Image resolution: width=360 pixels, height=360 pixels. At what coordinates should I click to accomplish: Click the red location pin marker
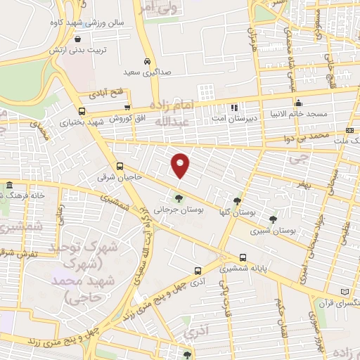pyautogui.click(x=181, y=165)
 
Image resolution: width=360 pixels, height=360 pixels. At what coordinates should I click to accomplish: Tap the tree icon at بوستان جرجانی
pyautogui.click(x=179, y=198)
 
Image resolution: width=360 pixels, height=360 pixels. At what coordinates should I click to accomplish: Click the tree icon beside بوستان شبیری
pyautogui.click(x=273, y=219)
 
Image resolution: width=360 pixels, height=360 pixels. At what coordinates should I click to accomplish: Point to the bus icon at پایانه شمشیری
pyautogui.click(x=243, y=257)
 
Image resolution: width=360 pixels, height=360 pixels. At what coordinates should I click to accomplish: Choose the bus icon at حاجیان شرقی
pyautogui.click(x=120, y=167)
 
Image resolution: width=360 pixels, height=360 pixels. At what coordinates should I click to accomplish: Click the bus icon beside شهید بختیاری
pyautogui.click(x=82, y=111)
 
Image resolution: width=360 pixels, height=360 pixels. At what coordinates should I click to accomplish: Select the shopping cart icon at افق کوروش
pyautogui.click(x=127, y=108)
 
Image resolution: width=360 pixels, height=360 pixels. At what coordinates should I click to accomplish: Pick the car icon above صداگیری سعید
pyautogui.click(x=146, y=61)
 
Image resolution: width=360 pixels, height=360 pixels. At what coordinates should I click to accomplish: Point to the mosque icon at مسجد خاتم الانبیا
pyautogui.click(x=299, y=102)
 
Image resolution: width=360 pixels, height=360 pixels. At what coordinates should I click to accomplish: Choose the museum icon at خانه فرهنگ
pyautogui.click(x=9, y=186)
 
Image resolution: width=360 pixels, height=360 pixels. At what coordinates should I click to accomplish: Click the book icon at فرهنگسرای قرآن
pyautogui.click(x=344, y=291)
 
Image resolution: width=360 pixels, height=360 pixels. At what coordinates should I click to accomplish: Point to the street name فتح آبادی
pyautogui.click(x=105, y=92)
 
